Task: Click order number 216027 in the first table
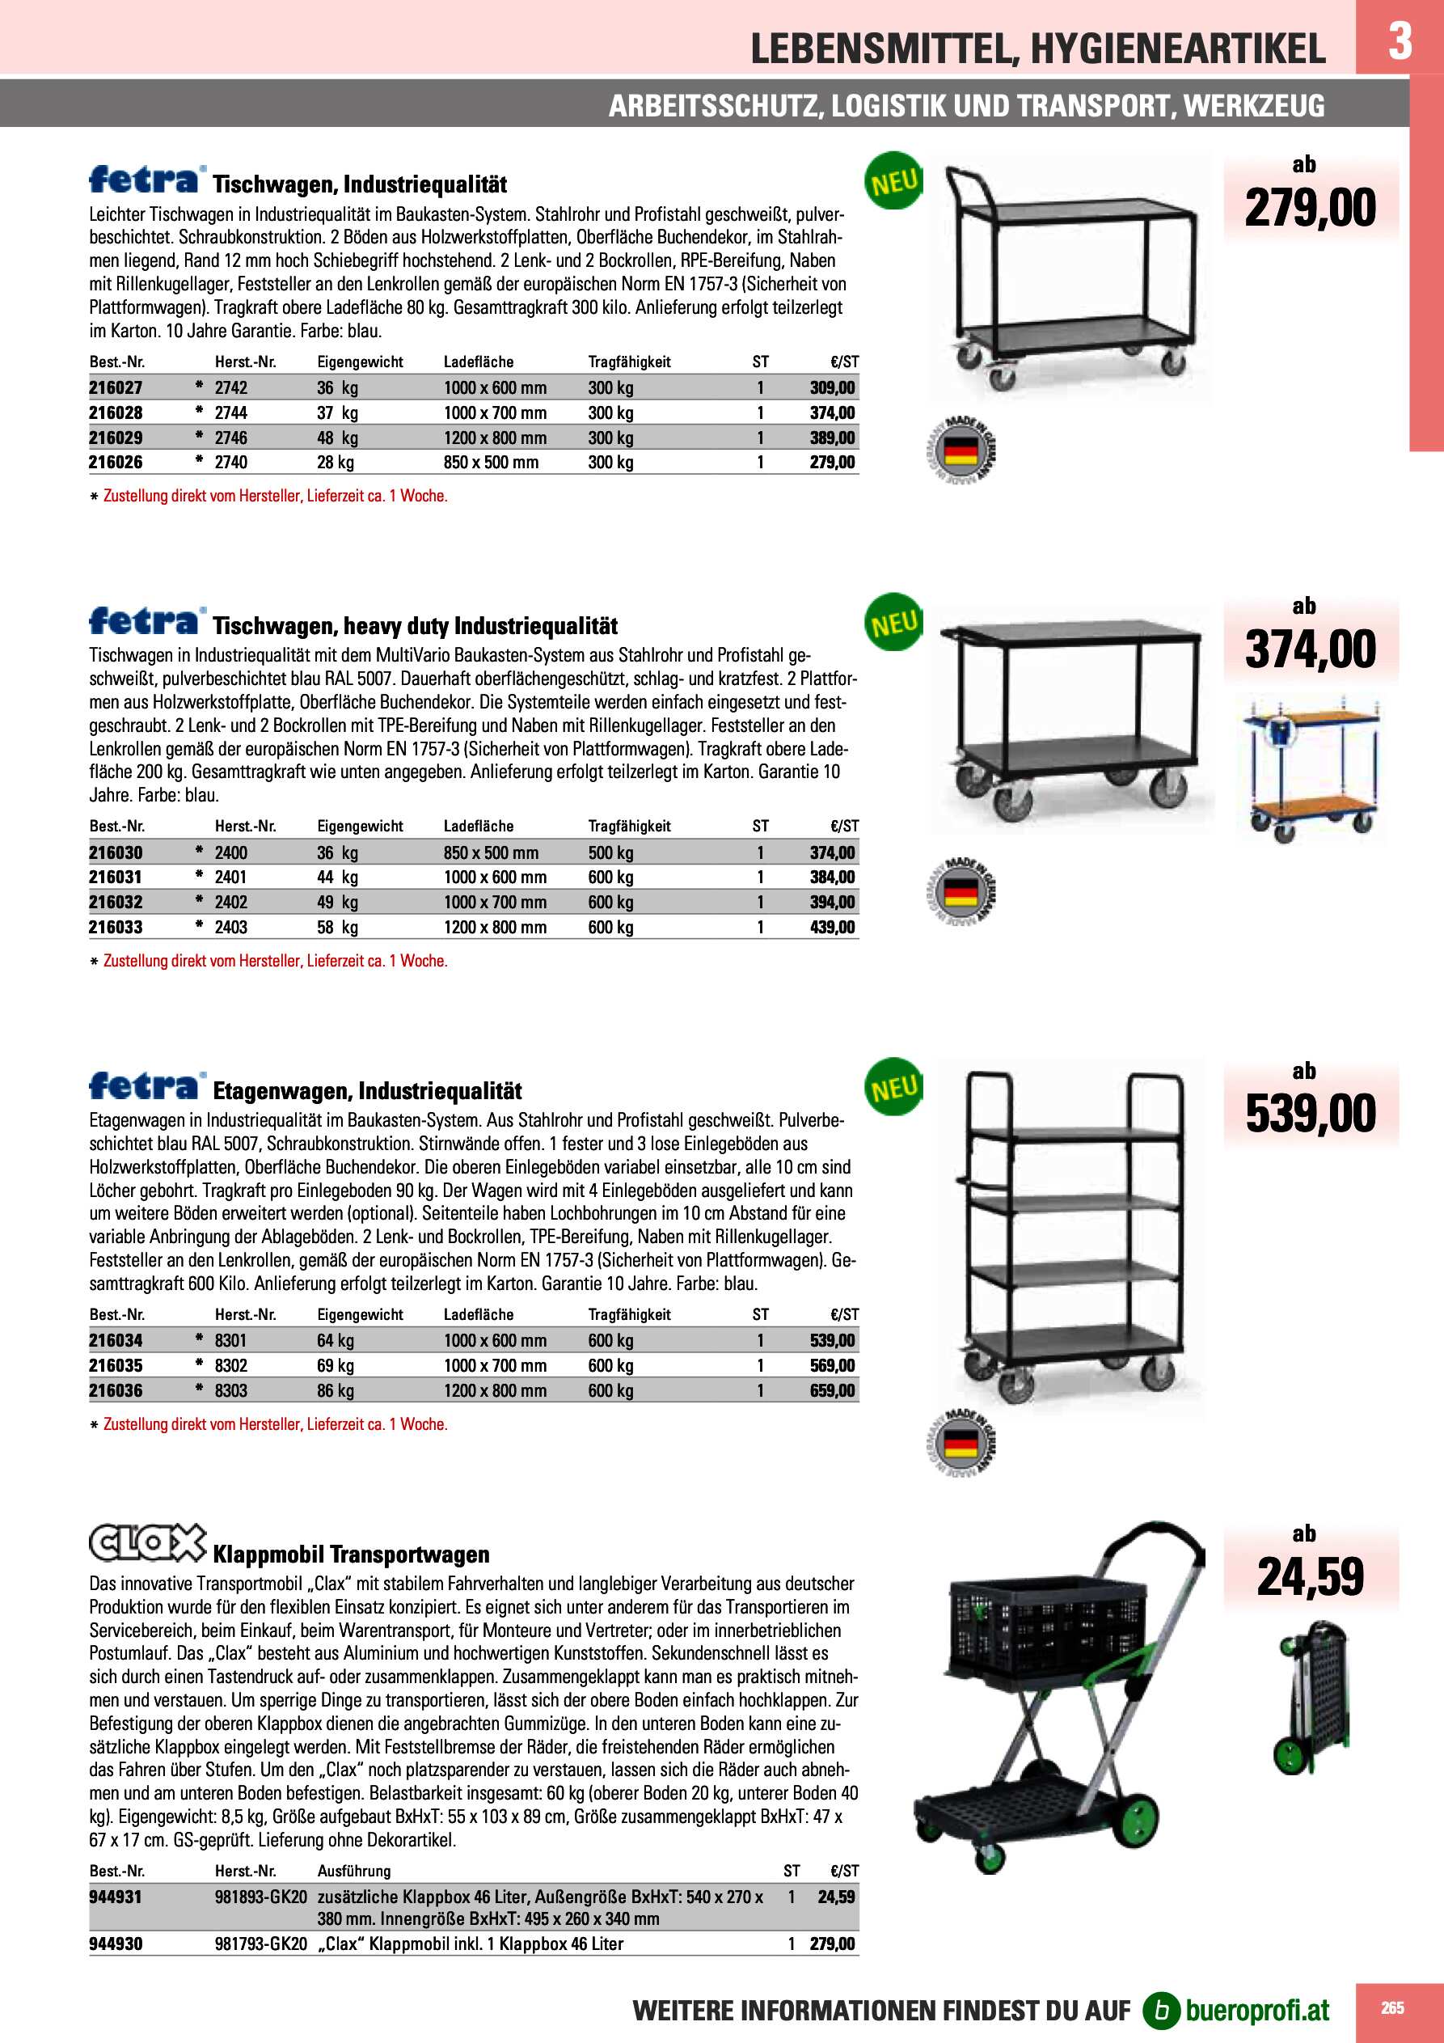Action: coord(116,388)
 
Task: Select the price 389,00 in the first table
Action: coord(832,438)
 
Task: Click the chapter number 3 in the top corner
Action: coord(1400,40)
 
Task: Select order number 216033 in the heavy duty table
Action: coord(116,927)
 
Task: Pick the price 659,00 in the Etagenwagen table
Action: coord(832,1391)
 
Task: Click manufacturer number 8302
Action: coord(231,1366)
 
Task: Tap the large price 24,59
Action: coord(1310,1577)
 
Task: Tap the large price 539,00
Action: coord(1310,1114)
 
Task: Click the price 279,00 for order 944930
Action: coord(832,1944)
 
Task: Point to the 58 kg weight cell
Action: coord(337,927)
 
